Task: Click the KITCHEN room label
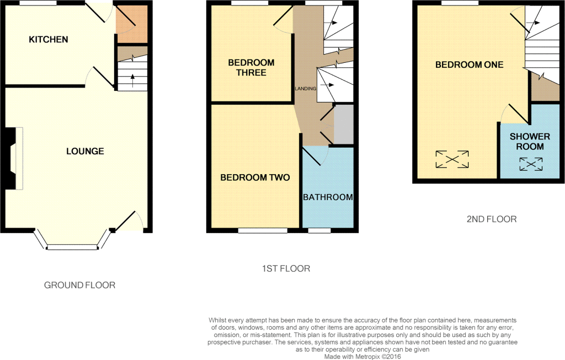[x=49, y=39]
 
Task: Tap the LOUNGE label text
[x=85, y=151]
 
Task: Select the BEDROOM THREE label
[x=251, y=67]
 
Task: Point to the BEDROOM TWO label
[x=255, y=178]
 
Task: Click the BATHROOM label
[x=328, y=197]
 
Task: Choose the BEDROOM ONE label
[x=469, y=65]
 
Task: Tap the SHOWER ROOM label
[x=530, y=142]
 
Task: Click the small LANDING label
[x=306, y=89]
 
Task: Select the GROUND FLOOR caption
[x=79, y=285]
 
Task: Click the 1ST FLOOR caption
[x=286, y=268]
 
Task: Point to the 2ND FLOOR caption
[x=492, y=219]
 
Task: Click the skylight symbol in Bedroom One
[x=452, y=159]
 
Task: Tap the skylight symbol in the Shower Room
[x=531, y=164]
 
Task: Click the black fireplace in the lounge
[x=10, y=158]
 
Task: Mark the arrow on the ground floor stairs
[x=132, y=80]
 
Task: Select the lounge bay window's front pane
[x=73, y=248]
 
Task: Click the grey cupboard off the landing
[x=344, y=125]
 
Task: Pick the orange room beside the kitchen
[x=131, y=24]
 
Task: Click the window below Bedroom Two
[x=263, y=230]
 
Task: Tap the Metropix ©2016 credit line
[x=363, y=357]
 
